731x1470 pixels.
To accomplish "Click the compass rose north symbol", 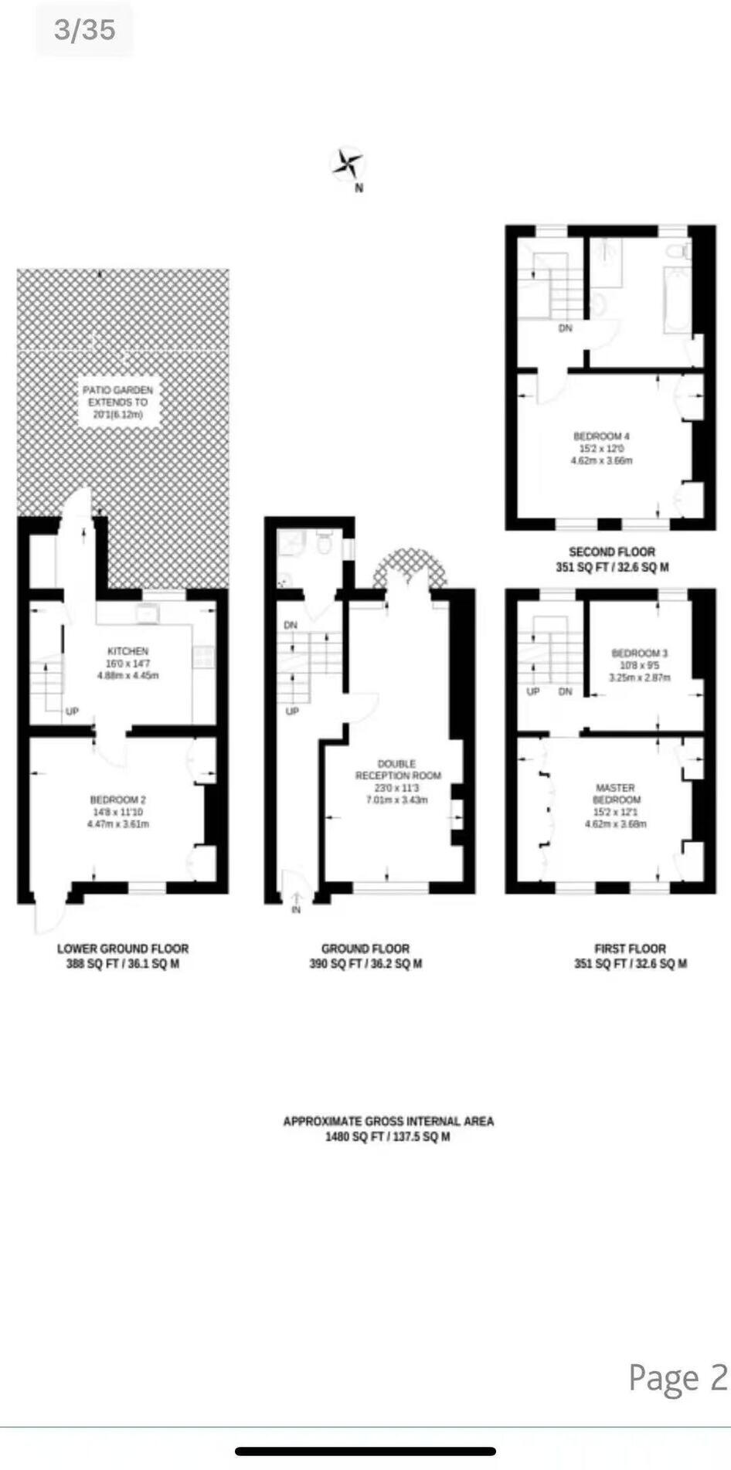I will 348,164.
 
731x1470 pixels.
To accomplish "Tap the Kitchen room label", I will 127,651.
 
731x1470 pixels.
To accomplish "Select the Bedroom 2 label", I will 117,800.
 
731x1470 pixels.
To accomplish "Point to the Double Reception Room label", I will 397,769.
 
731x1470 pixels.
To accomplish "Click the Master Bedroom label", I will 616,793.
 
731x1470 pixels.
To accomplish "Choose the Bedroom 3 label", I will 639,653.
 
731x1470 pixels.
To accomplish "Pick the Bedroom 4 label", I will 601,436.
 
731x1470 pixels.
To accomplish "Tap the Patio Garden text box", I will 118,402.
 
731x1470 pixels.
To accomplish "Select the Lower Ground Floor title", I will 123,949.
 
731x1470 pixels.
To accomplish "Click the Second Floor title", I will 612,552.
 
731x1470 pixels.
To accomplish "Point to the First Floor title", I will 630,949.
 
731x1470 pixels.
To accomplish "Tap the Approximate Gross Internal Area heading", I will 388,1121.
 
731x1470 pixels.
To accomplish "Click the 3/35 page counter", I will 84,30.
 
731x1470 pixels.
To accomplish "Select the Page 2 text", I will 678,1377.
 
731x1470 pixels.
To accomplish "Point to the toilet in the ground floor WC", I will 324,544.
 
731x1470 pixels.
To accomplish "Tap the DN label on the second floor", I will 566,328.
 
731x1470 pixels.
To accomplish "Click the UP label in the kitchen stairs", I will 72,711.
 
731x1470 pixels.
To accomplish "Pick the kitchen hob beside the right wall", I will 203,657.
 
